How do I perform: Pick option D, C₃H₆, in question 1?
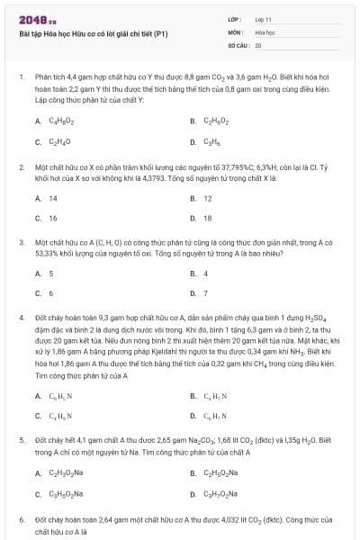point(212,141)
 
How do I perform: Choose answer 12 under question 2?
point(208,198)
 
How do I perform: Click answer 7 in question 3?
point(206,293)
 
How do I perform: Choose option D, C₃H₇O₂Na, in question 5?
point(221,493)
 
